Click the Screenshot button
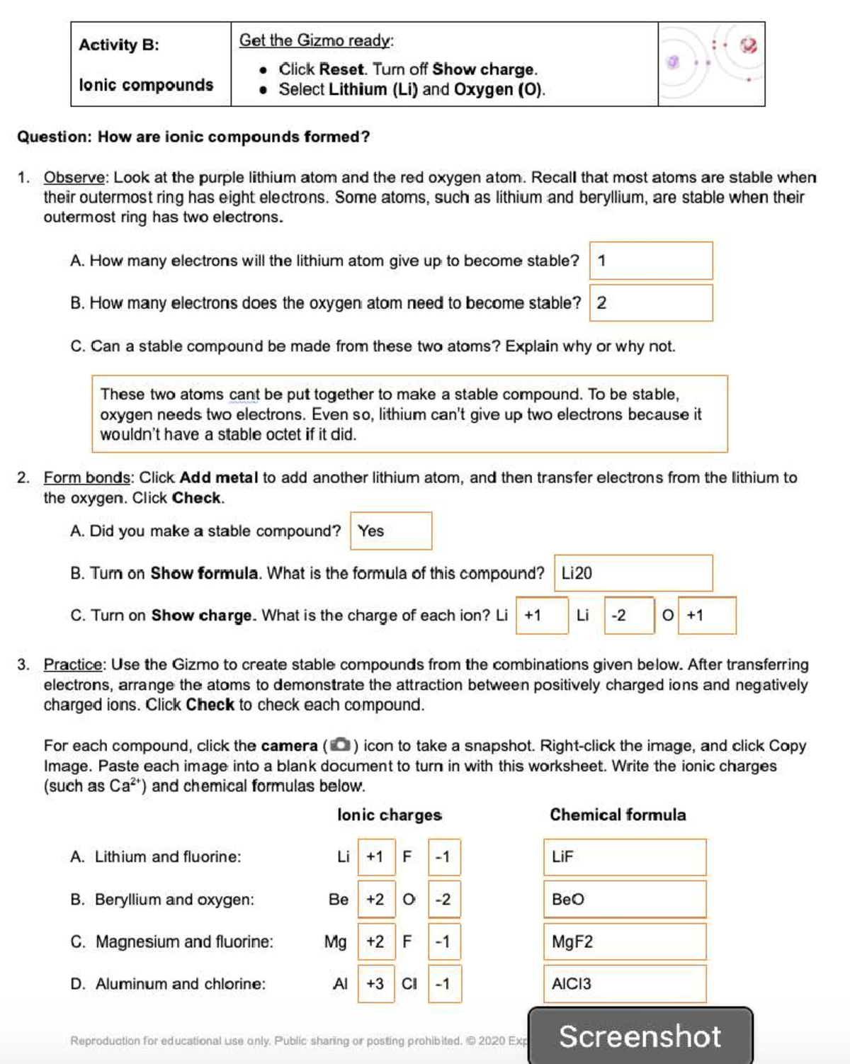640,1036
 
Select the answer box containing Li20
633,573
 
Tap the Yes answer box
391,531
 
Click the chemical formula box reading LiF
625,857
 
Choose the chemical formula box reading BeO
625,899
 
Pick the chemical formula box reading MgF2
625,941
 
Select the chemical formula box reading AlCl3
625,984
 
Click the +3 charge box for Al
375,984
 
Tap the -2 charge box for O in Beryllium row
444,899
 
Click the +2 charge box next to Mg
375,941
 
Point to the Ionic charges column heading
390,815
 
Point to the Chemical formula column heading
618,815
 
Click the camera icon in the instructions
341,745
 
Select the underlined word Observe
75,177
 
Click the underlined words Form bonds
87,477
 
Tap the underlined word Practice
74,664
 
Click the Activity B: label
119,45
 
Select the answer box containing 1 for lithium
651,261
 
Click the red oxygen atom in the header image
749,45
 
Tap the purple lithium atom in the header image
674,62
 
